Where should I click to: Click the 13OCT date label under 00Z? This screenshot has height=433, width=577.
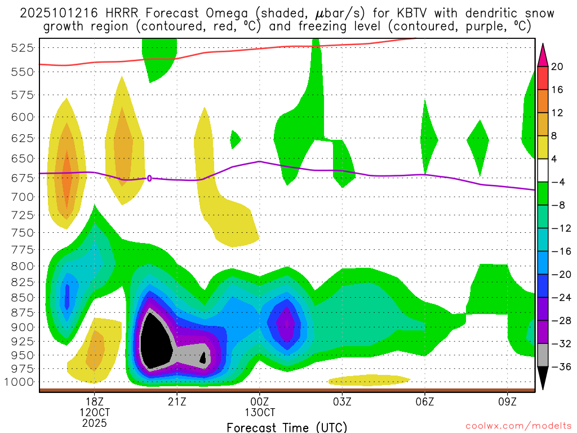coord(259,412)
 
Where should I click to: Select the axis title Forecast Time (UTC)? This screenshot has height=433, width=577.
coord(287,427)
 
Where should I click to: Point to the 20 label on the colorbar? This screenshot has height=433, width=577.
coord(557,67)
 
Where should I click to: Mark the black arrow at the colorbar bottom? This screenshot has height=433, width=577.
coord(543,378)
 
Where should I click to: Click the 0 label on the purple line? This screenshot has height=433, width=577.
coord(149,178)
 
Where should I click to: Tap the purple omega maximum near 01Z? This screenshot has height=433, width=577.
coord(286,324)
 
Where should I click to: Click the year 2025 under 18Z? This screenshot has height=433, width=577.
coord(94,422)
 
